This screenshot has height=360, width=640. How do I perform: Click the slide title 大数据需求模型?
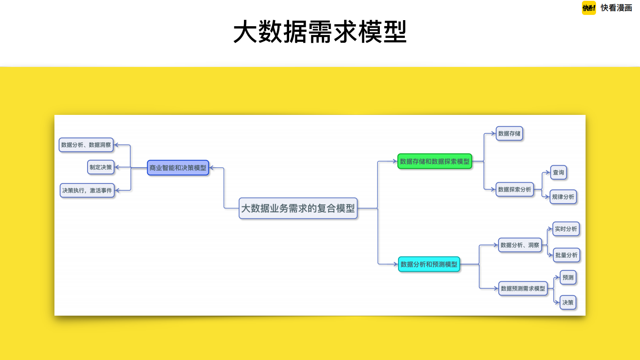tap(320, 32)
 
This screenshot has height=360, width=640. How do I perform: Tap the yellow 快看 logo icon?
tap(589, 8)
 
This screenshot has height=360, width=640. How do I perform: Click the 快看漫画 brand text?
tap(616, 8)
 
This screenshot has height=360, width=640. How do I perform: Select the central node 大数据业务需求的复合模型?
tap(298, 208)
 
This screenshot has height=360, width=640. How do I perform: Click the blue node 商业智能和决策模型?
tap(178, 168)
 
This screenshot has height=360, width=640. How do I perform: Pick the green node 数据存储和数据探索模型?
tap(434, 161)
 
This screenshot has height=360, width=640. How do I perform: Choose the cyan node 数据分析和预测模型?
tap(429, 264)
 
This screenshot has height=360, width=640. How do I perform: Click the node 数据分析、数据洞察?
tap(86, 145)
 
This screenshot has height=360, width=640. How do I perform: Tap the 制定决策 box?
tap(101, 167)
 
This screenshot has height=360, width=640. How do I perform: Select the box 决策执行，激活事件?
tap(87, 190)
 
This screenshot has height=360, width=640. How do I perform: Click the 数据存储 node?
tap(509, 133)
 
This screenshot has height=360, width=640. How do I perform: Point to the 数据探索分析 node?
tap(515, 189)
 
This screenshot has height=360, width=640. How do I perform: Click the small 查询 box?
tap(559, 173)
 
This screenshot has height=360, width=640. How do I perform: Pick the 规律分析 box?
tap(563, 197)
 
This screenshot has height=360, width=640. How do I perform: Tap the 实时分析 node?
tap(566, 229)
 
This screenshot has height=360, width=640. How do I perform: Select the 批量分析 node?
tap(566, 255)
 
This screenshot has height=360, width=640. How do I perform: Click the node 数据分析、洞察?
tap(520, 245)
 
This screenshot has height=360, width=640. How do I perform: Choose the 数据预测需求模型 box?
tap(523, 289)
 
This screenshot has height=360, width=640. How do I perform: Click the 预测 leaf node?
tap(568, 277)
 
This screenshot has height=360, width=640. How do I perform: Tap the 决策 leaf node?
tap(568, 302)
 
